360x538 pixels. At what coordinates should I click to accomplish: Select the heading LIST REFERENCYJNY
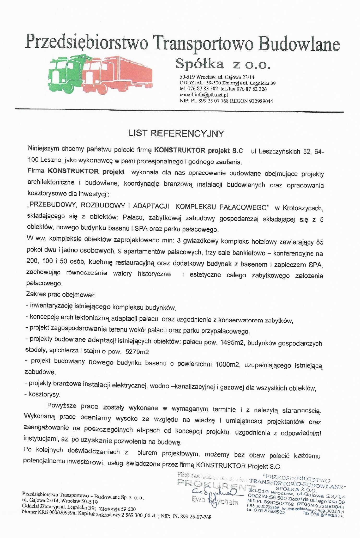(176, 134)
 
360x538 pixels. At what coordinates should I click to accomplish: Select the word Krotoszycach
(303, 208)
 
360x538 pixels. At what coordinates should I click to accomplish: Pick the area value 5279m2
(137, 352)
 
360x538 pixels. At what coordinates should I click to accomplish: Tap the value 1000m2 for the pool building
(227, 365)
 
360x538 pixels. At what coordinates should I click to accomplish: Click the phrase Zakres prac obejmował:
(61, 295)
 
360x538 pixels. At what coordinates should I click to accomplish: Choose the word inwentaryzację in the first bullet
(51, 306)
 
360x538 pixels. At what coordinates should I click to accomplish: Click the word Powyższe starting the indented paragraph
(62, 406)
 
